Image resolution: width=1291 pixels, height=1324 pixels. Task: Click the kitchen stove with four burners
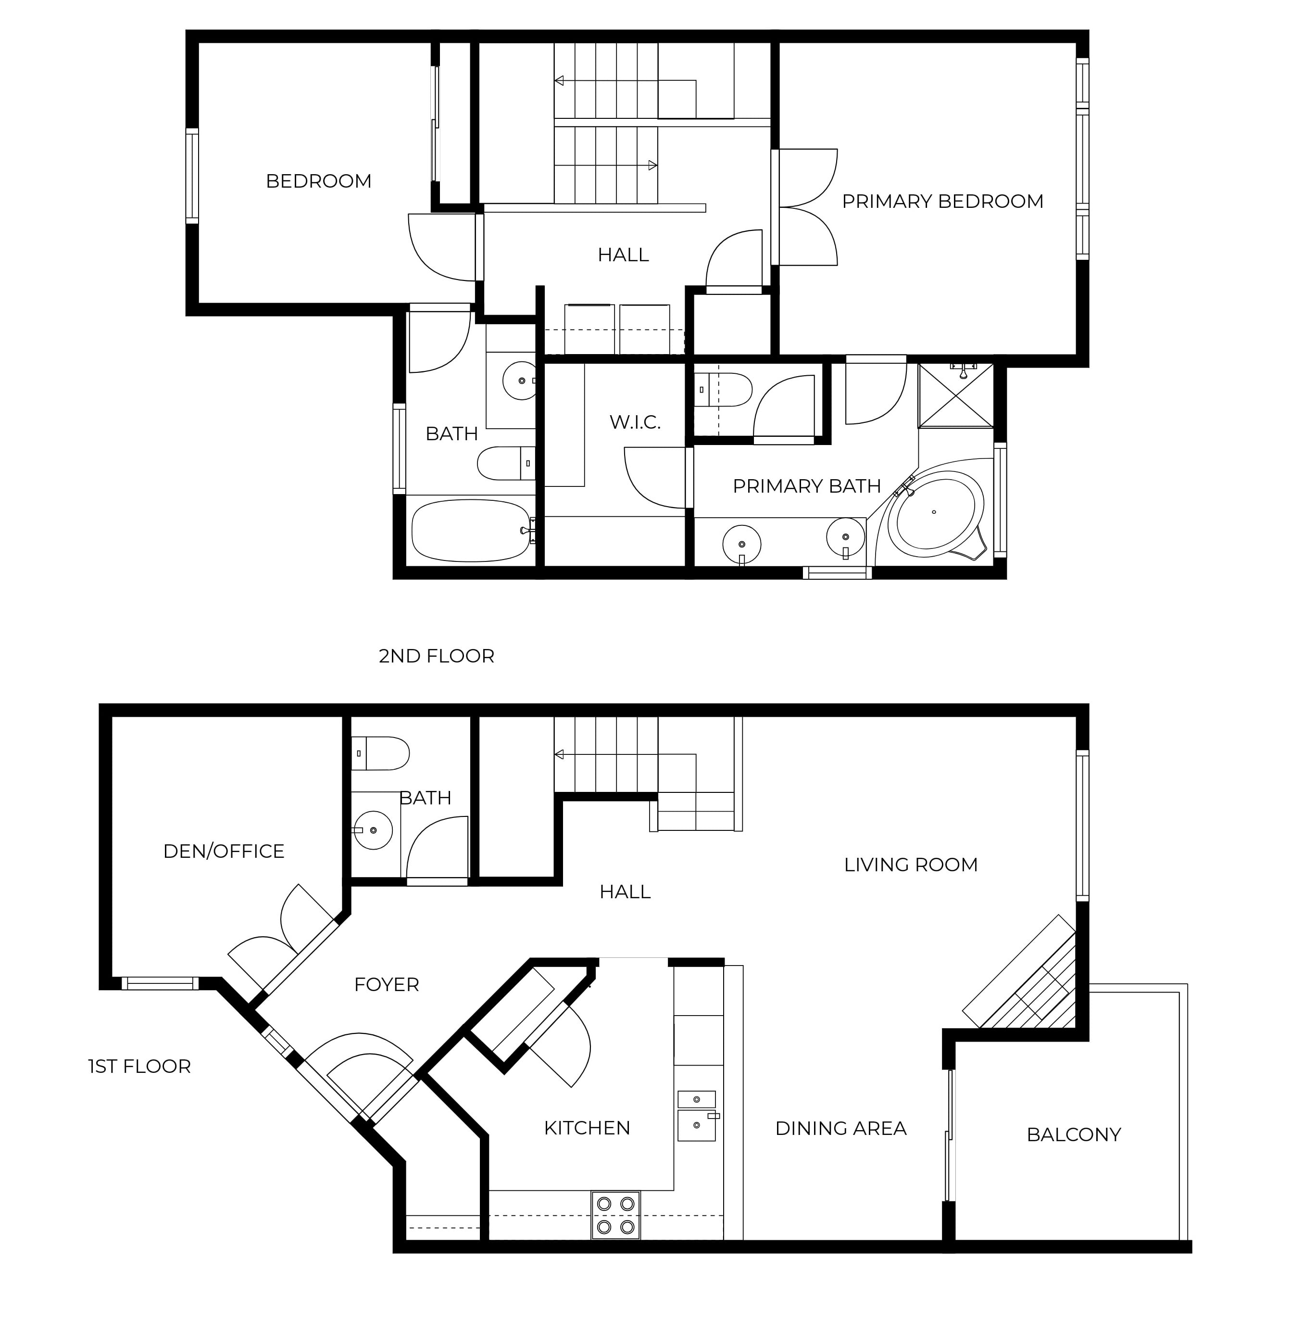pos(615,1215)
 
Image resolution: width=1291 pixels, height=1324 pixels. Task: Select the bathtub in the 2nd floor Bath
pos(471,530)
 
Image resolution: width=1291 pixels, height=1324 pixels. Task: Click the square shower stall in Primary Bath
pos(956,396)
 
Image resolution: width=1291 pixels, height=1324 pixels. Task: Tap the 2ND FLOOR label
pos(436,656)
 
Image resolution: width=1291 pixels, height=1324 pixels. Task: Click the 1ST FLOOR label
pos(139,1066)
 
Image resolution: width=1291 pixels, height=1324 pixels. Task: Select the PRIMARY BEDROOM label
pos(942,202)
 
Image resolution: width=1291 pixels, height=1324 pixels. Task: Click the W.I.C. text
pos(635,422)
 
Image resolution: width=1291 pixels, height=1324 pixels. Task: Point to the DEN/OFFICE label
pos(224,851)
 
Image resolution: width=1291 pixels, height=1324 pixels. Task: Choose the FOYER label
pos(387,984)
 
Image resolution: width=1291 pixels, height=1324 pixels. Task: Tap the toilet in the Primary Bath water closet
pos(724,390)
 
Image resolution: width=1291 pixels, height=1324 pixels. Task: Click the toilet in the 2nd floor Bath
pos(506,463)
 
